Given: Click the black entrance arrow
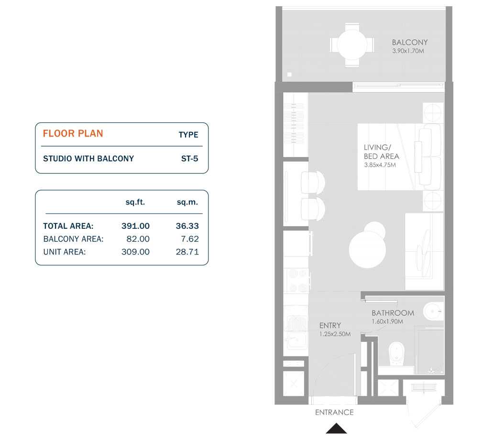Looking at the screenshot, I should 336,428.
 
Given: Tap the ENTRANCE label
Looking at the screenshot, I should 334,412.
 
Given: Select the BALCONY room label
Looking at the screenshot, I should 410,42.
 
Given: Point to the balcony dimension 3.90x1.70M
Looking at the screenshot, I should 408,51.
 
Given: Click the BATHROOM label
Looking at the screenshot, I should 393,313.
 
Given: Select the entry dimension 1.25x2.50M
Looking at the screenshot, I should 335,334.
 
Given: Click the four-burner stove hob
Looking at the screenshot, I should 296,280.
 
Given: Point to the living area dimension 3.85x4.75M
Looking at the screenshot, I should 380,165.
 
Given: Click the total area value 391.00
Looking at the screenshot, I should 135,226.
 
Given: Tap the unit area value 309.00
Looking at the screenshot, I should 135,252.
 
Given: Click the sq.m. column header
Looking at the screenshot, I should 187,202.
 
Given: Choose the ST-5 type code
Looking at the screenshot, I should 189,159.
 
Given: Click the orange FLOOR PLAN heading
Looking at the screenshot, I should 73,134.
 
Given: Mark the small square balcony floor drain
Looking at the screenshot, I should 289,74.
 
